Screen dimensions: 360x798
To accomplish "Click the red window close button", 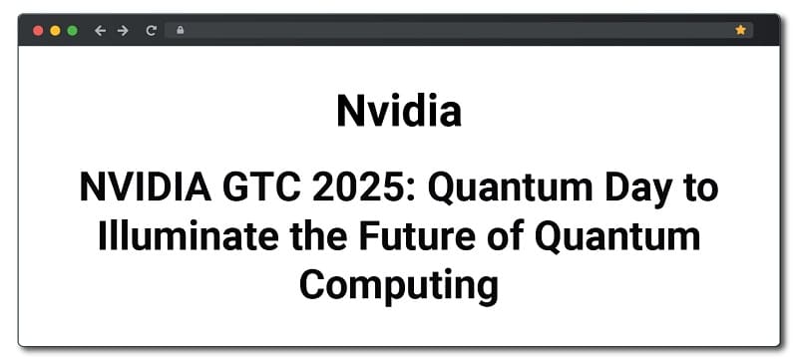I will pyautogui.click(x=38, y=31).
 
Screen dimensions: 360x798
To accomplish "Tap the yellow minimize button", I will pyautogui.click(x=55, y=31).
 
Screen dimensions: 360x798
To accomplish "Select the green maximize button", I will pyautogui.click(x=72, y=31).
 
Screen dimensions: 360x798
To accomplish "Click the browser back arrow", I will pyautogui.click(x=100, y=31).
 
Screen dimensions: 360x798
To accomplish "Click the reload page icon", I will pyautogui.click(x=152, y=31).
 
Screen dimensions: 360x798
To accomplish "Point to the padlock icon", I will pyautogui.click(x=180, y=31).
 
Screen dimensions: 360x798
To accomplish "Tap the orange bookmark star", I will pyautogui.click(x=740, y=31).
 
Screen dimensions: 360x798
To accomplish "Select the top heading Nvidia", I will pyautogui.click(x=399, y=111).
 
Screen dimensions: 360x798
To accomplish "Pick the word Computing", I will pyautogui.click(x=399, y=286).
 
